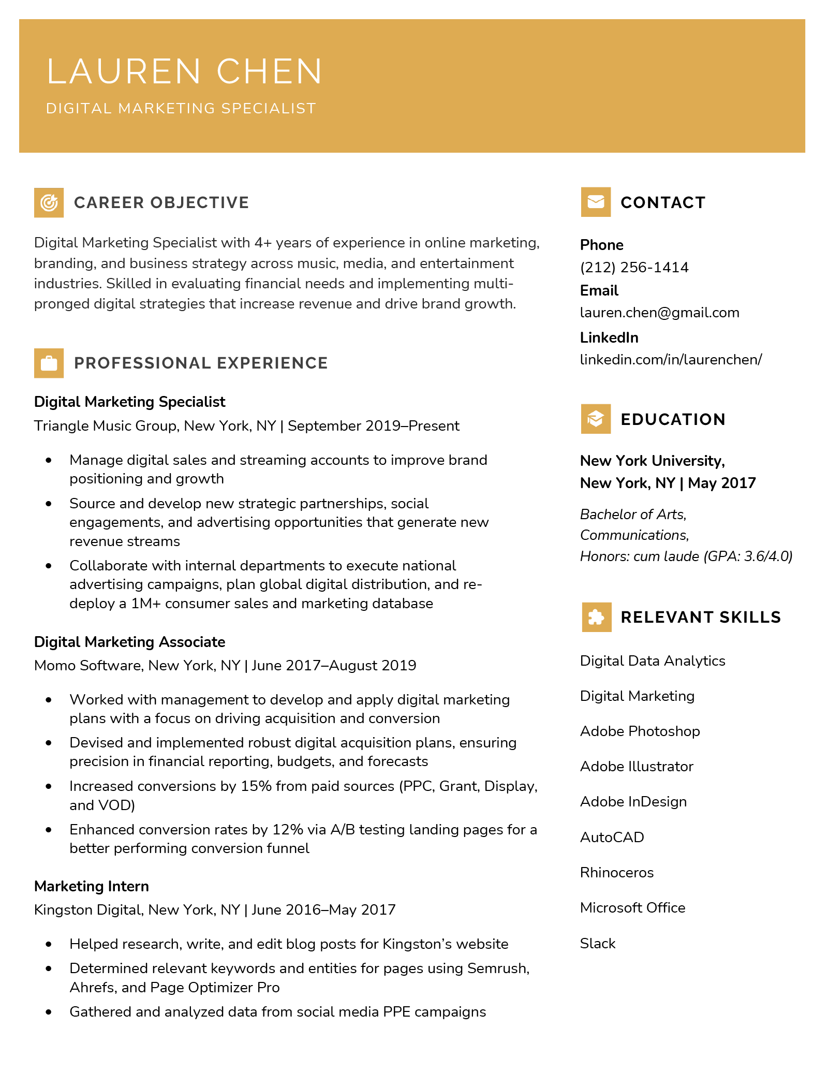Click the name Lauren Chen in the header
click(x=184, y=71)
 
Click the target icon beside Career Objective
click(x=49, y=202)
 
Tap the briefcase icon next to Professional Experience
click(x=49, y=363)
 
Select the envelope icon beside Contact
click(x=596, y=202)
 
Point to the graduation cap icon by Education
click(x=596, y=419)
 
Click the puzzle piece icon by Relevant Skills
click(x=596, y=617)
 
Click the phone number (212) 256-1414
click(x=634, y=268)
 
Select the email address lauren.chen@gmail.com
click(x=659, y=313)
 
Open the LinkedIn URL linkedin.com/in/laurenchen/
click(x=671, y=360)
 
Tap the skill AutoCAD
click(x=612, y=838)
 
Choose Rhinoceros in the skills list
click(x=617, y=873)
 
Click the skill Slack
click(x=598, y=944)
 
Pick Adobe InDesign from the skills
click(x=633, y=802)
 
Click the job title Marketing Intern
click(x=92, y=886)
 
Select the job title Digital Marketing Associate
click(x=129, y=642)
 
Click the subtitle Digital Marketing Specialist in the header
click(x=181, y=109)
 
